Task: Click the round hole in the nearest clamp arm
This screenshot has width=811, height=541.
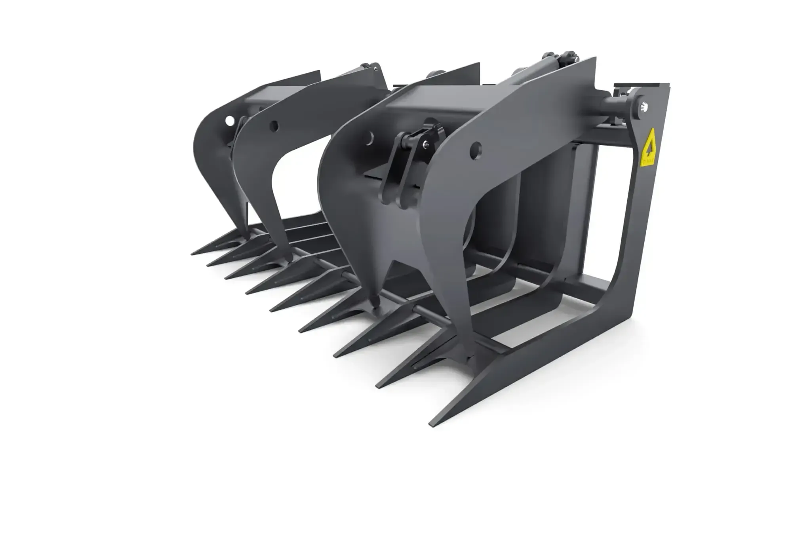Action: point(477,150)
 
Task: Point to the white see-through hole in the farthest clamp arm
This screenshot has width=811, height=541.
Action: point(229,120)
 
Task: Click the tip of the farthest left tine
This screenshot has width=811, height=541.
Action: point(192,254)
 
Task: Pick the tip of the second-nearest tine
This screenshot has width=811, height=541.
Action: point(377,384)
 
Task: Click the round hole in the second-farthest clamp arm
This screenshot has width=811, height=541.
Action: point(273,126)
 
